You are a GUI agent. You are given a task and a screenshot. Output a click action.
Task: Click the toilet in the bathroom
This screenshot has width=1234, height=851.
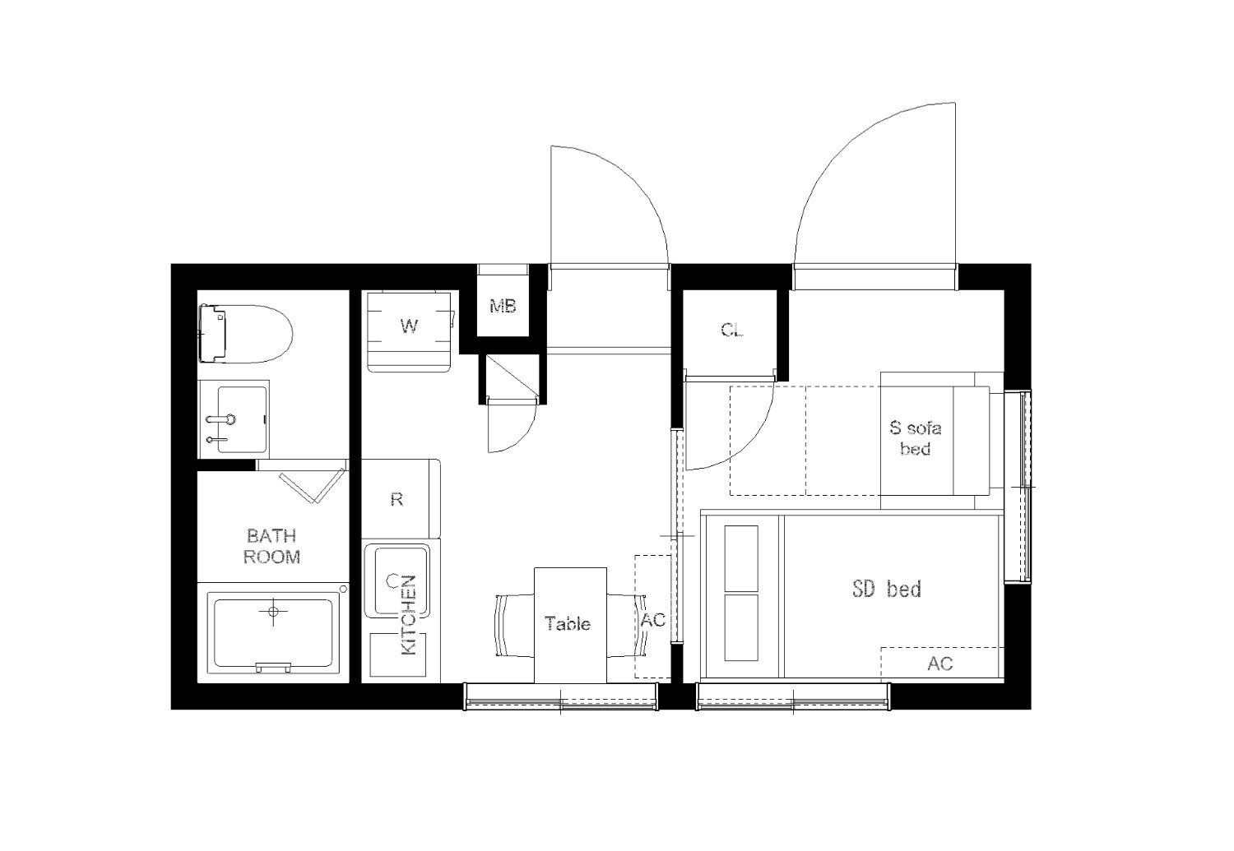click(x=245, y=334)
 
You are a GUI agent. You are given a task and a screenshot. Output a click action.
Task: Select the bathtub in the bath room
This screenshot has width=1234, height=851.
click(x=273, y=633)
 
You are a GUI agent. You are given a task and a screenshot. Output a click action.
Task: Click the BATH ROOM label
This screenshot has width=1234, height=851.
click(x=272, y=546)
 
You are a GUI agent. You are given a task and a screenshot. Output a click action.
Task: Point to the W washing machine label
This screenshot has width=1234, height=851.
click(x=410, y=326)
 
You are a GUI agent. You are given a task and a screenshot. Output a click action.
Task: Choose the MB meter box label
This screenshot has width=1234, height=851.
click(x=503, y=306)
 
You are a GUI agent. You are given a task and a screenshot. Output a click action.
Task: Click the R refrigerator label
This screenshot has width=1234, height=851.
click(x=397, y=499)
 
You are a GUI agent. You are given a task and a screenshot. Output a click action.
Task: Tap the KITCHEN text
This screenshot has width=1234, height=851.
click(x=408, y=615)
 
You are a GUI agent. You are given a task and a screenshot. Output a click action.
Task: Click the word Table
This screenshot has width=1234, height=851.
click(x=568, y=624)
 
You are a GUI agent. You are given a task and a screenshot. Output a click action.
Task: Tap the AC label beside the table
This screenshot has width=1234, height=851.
click(x=653, y=620)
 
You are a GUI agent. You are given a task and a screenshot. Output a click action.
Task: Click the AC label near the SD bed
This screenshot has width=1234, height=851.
click(x=939, y=664)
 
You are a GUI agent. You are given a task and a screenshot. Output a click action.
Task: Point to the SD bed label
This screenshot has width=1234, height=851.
click(x=886, y=589)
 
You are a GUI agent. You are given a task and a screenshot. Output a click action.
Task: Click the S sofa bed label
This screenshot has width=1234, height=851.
click(x=916, y=438)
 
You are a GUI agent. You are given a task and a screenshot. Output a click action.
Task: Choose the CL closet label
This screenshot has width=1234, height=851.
click(x=732, y=330)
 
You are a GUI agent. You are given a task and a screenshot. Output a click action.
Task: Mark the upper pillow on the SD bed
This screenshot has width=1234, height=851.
click(x=741, y=558)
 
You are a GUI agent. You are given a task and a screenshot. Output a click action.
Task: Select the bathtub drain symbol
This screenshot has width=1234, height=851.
click(x=272, y=611)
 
